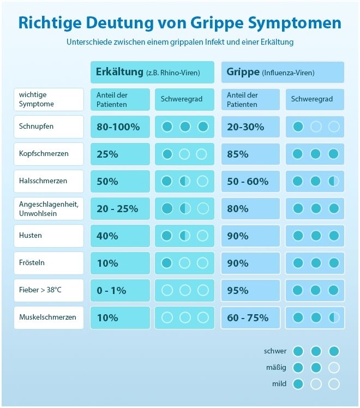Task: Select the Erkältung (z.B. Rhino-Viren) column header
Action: coord(148,72)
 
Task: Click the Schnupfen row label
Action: coord(49,127)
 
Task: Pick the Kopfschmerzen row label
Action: coord(49,154)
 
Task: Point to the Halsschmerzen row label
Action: coord(49,181)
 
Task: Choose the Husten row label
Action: coord(49,236)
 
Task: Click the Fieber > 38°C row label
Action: coord(49,290)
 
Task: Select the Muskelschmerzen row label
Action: coord(49,317)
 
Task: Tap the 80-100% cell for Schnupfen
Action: coord(119,127)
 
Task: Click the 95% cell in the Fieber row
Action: coord(250,291)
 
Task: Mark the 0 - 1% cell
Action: coord(119,291)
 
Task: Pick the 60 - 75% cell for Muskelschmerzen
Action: coord(250,318)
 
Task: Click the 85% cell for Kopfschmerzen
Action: coord(250,154)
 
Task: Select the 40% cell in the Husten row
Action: coord(119,236)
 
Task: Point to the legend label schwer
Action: coord(275,351)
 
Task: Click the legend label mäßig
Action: coord(275,368)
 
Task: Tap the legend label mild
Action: coord(279,384)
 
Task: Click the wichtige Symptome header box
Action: coord(49,99)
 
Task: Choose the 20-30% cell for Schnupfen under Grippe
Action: coord(250,127)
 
